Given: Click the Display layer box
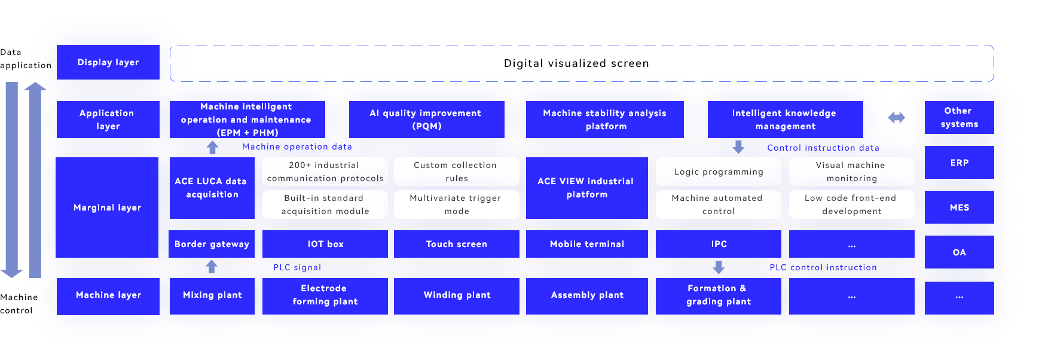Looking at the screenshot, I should coord(108,62).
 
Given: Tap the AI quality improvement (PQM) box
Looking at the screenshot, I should coord(426,120).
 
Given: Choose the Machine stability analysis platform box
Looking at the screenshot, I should coord(605,120).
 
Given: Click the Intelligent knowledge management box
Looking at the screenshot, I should coord(785,120).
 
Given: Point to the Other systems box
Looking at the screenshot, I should coord(959,117).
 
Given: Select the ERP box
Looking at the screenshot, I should coord(959,163).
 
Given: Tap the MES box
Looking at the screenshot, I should coord(959,208).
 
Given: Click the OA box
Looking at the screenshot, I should coord(959,252).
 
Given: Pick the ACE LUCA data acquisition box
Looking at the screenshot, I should coord(212,188).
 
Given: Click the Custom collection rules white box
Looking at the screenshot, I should coord(456,172).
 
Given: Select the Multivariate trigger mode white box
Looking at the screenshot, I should coord(456,205).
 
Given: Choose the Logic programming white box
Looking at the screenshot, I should coord(719,172).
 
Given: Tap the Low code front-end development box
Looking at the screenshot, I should coord(851,205).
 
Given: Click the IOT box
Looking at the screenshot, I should coord(325,244).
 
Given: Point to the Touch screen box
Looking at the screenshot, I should coord(456,244).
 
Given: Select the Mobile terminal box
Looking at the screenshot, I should coord(587,244).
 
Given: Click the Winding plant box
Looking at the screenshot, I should coord(457,295).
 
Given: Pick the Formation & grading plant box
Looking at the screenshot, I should coord(719,295).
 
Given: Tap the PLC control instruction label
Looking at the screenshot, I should coord(823,267).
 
